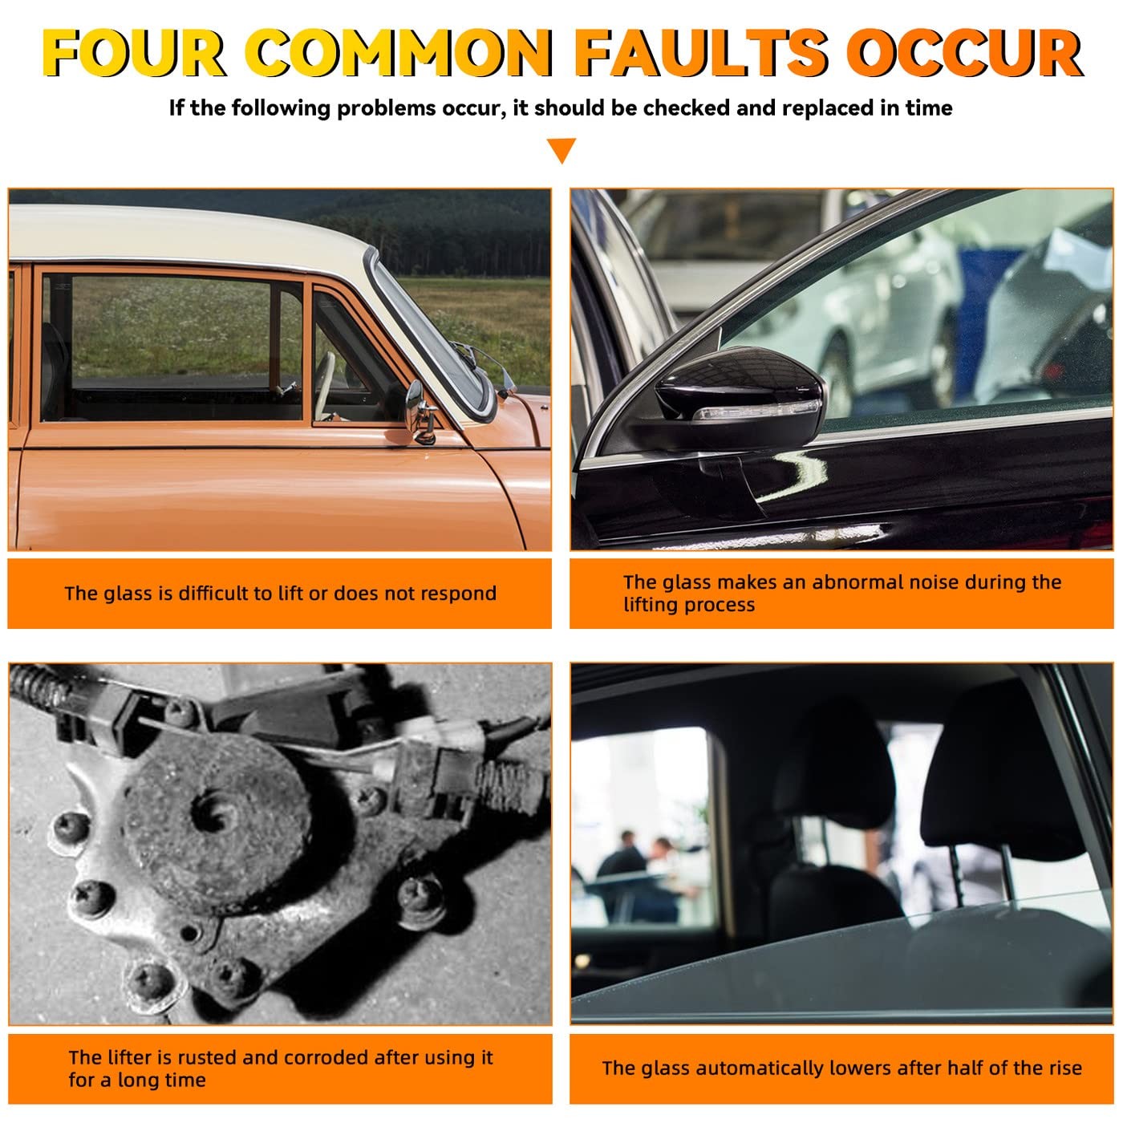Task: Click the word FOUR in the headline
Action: point(134,53)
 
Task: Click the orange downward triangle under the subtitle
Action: point(561,150)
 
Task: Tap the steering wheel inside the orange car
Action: point(324,385)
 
